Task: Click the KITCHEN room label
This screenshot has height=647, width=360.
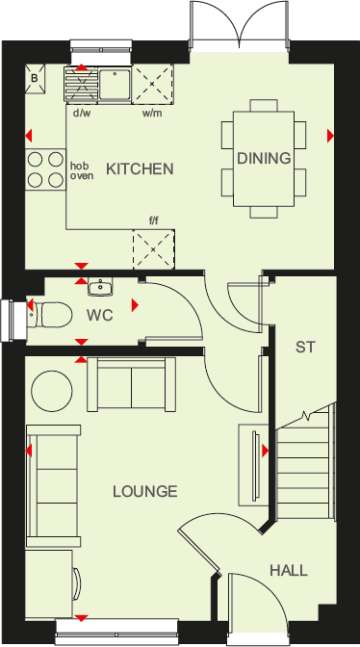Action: [x=140, y=169]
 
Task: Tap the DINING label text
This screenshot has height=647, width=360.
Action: [x=263, y=158]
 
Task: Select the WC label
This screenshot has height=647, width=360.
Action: [x=101, y=315]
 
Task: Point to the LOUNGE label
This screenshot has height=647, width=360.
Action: [x=144, y=492]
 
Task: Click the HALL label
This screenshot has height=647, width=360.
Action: [x=289, y=571]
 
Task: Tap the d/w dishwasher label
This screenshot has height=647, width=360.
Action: [x=82, y=113]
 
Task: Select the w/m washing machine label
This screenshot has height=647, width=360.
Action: [x=152, y=113]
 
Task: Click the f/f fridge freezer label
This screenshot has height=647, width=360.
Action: [x=153, y=220]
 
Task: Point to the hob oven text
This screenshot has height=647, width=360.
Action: [x=81, y=170]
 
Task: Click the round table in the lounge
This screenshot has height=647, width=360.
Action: [x=54, y=390]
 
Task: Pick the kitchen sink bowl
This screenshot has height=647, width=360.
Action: [x=116, y=84]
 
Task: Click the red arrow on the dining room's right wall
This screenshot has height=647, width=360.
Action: [x=330, y=136]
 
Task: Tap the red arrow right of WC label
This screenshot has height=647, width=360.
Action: [x=135, y=305]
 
